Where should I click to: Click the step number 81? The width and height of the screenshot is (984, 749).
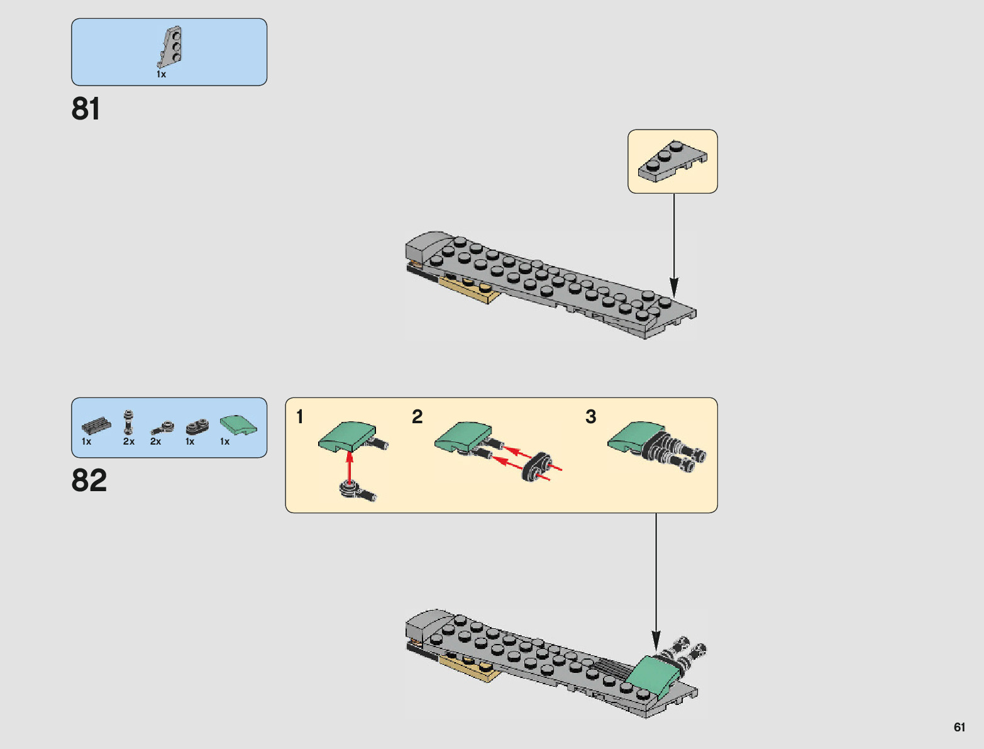point(86,109)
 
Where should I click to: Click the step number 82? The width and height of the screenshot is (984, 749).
point(89,480)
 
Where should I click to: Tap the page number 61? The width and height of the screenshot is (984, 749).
point(959,727)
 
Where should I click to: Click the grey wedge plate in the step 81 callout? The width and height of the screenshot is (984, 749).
point(672,161)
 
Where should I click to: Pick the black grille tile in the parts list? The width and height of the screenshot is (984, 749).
point(96,426)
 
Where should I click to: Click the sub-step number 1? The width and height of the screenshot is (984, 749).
point(300,417)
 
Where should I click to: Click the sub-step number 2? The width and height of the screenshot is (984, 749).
point(417,417)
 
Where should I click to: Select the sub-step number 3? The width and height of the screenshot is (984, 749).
point(590,417)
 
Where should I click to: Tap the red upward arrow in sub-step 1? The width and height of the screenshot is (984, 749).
point(350,466)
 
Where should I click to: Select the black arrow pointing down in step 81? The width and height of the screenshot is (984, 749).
point(673,245)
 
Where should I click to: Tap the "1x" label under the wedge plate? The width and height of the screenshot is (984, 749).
point(161,74)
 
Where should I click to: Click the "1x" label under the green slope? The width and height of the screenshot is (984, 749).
point(224,441)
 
